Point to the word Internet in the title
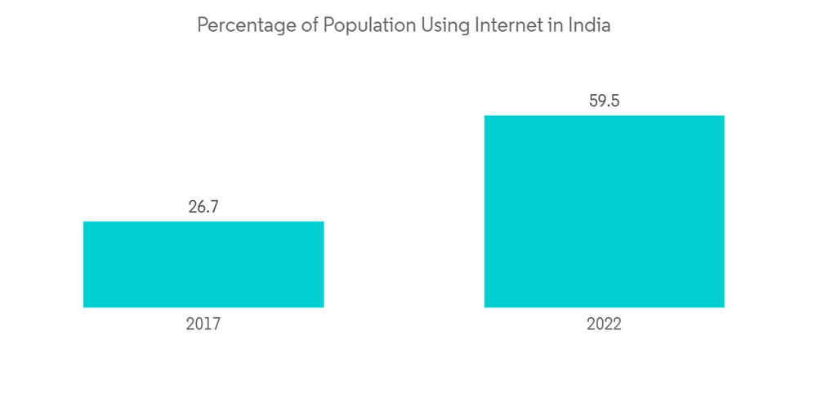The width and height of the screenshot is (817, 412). coord(508,25)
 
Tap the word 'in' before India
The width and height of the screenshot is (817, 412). coord(556,25)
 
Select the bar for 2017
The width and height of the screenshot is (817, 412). coord(203,264)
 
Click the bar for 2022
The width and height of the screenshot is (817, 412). coord(604,211)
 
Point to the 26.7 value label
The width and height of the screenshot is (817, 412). coord(203,207)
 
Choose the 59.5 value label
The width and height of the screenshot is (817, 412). coord(604,101)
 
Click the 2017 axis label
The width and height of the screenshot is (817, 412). coord(203,325)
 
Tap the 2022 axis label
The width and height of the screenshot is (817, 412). coord(604,325)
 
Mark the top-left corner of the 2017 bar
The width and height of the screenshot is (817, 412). coord(83,222)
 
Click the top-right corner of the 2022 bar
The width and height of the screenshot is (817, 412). coord(724,115)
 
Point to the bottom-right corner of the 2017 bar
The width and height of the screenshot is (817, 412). coord(324,307)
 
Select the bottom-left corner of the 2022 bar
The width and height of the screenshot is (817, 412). coord(484,307)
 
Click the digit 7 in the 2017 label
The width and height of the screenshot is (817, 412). coord(217,325)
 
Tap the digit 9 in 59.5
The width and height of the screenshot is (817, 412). coord(600,101)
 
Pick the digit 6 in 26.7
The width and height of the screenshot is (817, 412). coord(199,207)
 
